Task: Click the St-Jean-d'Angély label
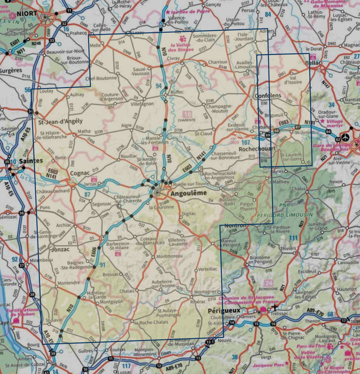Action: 57,121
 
